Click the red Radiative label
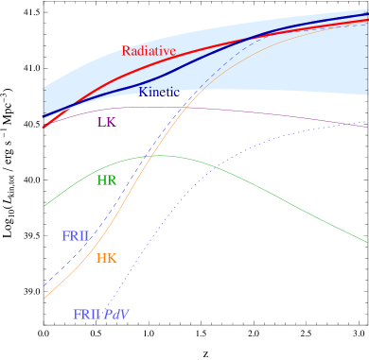tap(149, 51)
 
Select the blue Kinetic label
tap(159, 92)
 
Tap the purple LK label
tap(107, 122)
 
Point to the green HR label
tap(107, 180)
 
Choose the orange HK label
tap(107, 258)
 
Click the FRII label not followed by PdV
tap(76, 236)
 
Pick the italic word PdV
tap(116, 314)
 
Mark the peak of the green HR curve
tap(161, 155)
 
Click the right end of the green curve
tap(367, 241)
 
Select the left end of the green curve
tap(44, 205)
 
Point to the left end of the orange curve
tap(44, 299)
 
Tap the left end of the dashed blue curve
tap(44, 285)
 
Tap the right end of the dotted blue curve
tap(367, 123)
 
